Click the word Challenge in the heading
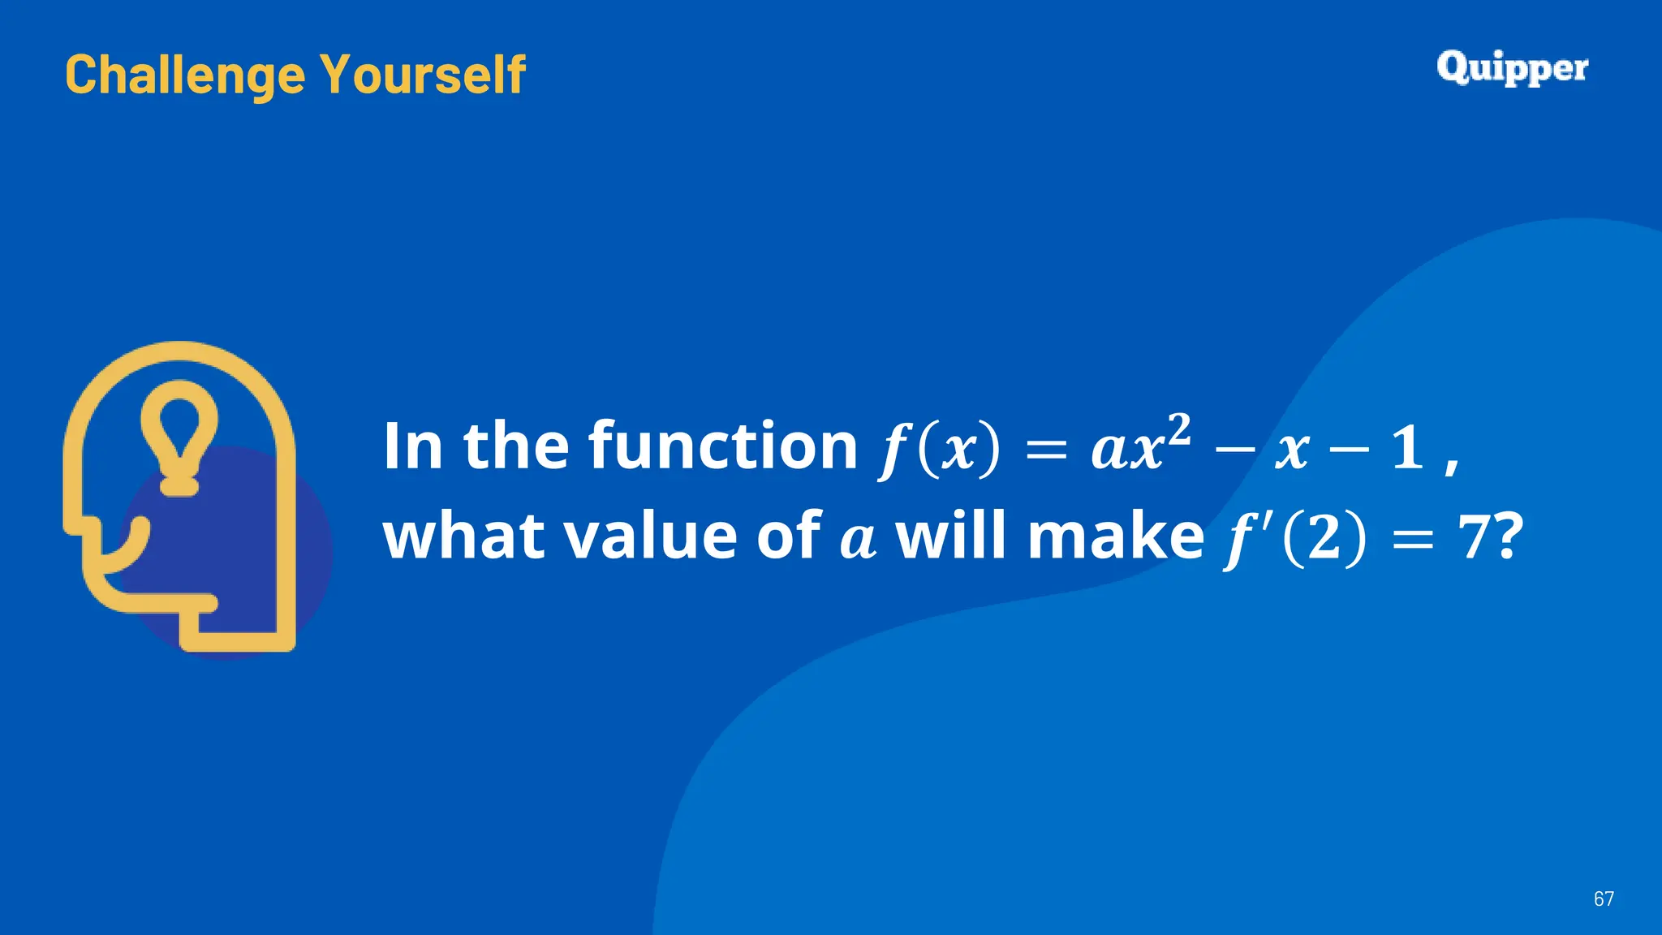click(185, 75)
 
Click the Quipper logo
click(1512, 68)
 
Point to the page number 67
click(1604, 898)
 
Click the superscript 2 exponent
click(1179, 428)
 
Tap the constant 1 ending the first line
click(1407, 447)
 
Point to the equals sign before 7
click(1412, 540)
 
